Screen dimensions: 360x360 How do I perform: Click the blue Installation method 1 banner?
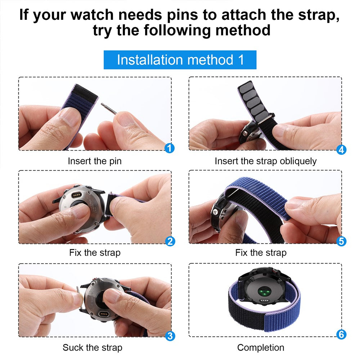point(180,60)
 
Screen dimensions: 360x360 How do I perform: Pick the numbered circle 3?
point(170,336)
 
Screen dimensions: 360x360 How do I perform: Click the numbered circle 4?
point(341,149)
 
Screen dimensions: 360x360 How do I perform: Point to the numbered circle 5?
point(341,241)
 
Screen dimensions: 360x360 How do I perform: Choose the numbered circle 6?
point(341,334)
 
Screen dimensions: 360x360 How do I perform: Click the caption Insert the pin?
point(95,161)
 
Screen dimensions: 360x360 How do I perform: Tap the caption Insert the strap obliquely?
point(266,161)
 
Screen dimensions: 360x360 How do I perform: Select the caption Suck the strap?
point(93,347)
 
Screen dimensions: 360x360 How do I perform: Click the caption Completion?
point(261,347)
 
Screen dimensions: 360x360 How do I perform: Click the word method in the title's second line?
point(243,30)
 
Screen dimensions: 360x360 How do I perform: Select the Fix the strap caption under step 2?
point(95,253)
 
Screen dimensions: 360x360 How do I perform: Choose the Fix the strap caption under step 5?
point(261,253)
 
